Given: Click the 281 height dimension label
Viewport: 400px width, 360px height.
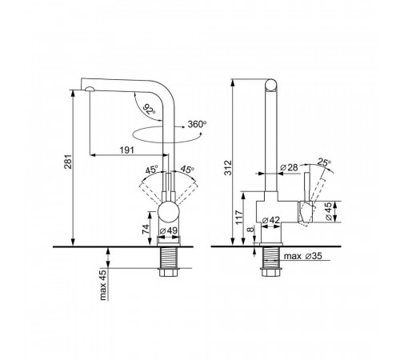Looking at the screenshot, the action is pyautogui.click(x=68, y=162).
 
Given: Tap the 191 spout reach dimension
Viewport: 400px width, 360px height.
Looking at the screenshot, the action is pyautogui.click(x=126, y=150).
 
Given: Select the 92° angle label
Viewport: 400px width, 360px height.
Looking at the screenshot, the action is pyautogui.click(x=149, y=109).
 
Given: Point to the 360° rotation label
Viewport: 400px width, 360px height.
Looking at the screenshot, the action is pyautogui.click(x=197, y=124).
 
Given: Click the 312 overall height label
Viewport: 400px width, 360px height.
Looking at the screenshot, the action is pyautogui.click(x=228, y=168).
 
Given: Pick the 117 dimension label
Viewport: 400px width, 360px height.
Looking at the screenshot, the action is pyautogui.click(x=239, y=217).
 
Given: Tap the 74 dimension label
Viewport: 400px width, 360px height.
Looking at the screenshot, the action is pyautogui.click(x=146, y=229).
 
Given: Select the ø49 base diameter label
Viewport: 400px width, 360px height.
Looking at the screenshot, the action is pyautogui.click(x=169, y=230).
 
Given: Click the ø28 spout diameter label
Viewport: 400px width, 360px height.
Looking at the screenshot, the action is pyautogui.click(x=290, y=167).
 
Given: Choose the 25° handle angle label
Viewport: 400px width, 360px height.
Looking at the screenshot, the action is pyautogui.click(x=324, y=162).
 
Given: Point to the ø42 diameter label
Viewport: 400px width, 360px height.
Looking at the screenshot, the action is pyautogui.click(x=270, y=220).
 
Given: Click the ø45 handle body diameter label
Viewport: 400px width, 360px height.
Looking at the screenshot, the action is pyautogui.click(x=329, y=211).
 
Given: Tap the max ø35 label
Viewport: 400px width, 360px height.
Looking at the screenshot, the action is pyautogui.click(x=303, y=256).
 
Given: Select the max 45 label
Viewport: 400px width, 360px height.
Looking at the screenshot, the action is pyautogui.click(x=103, y=285).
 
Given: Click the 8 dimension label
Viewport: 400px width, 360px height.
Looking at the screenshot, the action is pyautogui.click(x=250, y=230).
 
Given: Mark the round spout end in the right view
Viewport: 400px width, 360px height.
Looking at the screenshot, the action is pyautogui.click(x=271, y=86).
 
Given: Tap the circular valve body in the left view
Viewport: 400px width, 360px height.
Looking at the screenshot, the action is pyautogui.click(x=168, y=213).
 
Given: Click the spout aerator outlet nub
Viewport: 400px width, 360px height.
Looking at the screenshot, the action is pyautogui.click(x=90, y=89).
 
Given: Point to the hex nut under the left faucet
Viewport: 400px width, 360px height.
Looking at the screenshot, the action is pyautogui.click(x=169, y=272).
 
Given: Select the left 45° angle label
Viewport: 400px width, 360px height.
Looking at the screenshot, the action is pyautogui.click(x=151, y=170).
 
